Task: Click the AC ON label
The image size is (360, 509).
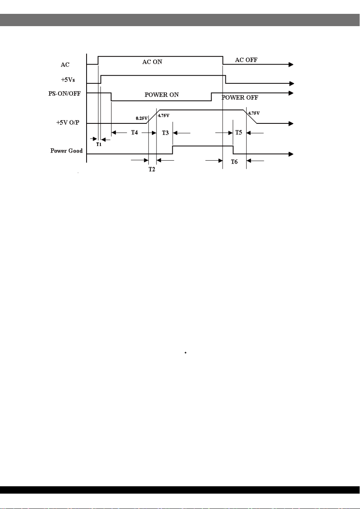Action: [x=152, y=62]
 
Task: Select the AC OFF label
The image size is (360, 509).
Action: [x=246, y=60]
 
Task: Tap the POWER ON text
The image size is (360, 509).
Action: [x=162, y=95]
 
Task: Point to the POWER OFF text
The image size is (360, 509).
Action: [x=240, y=98]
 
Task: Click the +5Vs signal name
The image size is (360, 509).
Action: [x=68, y=80]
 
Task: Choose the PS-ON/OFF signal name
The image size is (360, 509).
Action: [x=65, y=94]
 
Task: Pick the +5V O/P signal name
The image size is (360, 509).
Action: [x=68, y=123]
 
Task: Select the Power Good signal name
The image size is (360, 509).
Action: [x=67, y=151]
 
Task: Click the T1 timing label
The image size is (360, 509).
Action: [x=98, y=145]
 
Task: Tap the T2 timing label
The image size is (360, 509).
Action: [x=152, y=169]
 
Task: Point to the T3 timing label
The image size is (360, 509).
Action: [x=165, y=133]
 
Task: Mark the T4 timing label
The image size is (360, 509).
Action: [x=134, y=132]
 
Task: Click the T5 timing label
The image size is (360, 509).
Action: [x=238, y=132]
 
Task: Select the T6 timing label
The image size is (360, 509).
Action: [x=234, y=161]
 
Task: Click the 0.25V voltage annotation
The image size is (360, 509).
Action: [x=142, y=118]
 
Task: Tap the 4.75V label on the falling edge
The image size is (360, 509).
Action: [x=254, y=113]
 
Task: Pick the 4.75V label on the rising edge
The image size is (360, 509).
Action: [x=163, y=115]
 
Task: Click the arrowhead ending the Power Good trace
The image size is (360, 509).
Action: [x=291, y=154]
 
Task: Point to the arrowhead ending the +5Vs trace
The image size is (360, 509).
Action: [x=292, y=84]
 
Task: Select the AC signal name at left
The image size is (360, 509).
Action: [x=65, y=65]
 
